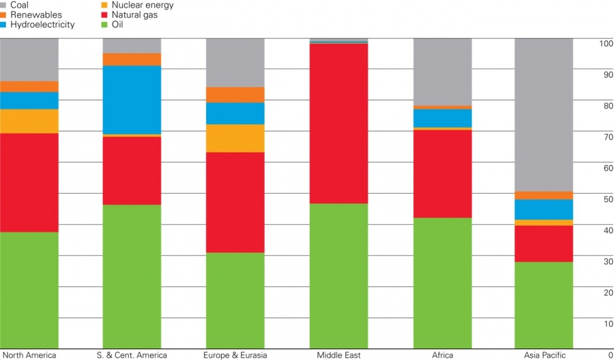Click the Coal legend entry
(x=20, y=5)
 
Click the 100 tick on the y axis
(x=604, y=44)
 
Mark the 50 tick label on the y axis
(x=606, y=199)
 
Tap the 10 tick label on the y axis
(x=606, y=323)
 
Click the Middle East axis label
(x=338, y=355)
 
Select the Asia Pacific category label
(x=544, y=355)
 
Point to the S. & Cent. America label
(x=132, y=355)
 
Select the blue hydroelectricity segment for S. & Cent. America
(x=132, y=100)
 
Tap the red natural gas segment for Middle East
(x=338, y=123)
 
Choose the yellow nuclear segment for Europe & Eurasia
(x=235, y=138)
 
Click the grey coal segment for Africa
(x=442, y=72)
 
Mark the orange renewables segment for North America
(x=29, y=86)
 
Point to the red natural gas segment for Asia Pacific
(x=544, y=243)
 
